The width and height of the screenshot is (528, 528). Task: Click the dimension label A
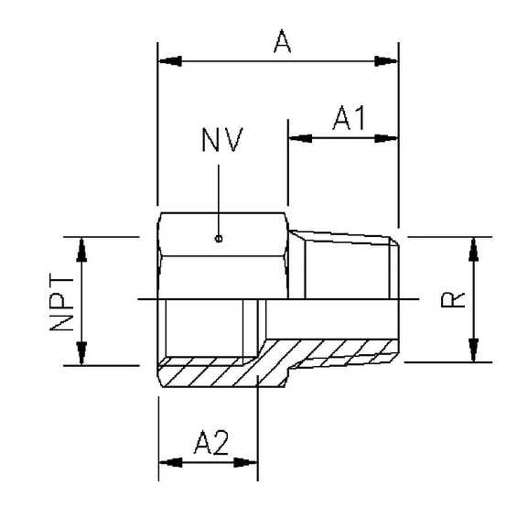(282, 41)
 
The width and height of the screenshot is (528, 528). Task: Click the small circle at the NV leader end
(219, 240)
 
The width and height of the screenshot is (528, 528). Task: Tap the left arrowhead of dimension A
(169, 61)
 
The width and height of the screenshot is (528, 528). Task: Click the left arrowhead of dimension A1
(299, 138)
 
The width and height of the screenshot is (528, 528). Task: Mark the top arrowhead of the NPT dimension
(82, 248)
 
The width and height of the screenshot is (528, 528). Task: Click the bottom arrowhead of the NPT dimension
(82, 353)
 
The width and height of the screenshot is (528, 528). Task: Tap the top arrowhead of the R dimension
(473, 247)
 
